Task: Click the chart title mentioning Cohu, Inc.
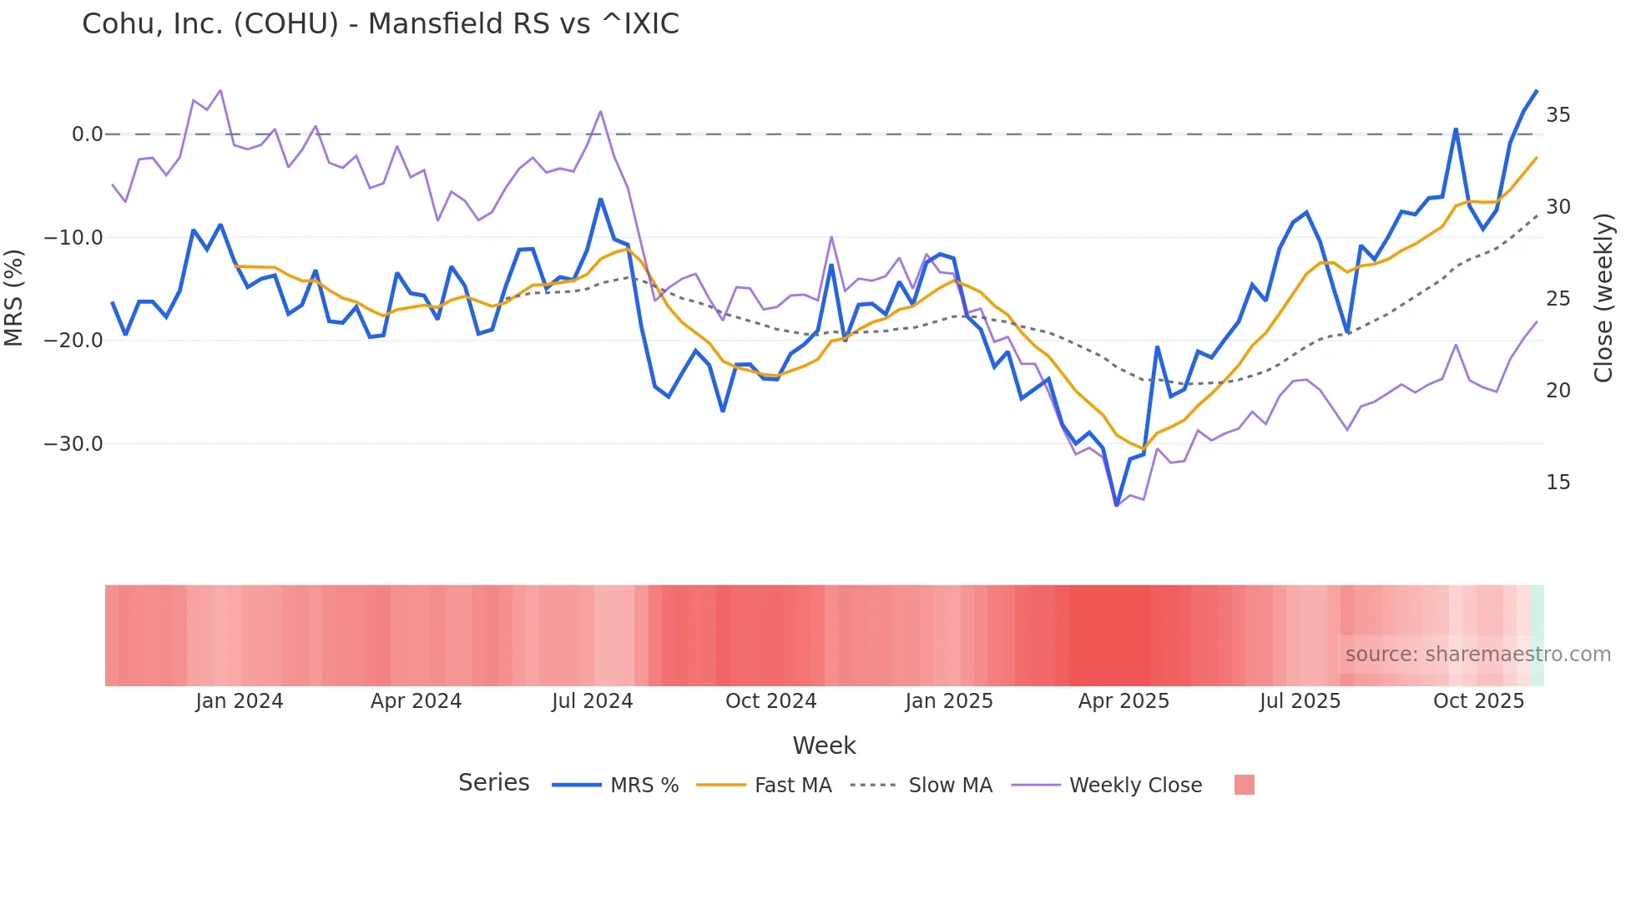click(380, 24)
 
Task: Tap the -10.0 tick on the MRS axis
click(73, 238)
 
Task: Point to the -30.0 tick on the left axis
click(73, 444)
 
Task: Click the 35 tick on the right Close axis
click(1558, 115)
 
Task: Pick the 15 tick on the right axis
click(1558, 483)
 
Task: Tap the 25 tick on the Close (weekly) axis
click(1558, 299)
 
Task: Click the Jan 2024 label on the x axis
click(240, 701)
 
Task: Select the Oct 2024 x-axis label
click(770, 701)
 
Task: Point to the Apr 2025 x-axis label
click(1123, 701)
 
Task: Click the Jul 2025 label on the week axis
click(1300, 701)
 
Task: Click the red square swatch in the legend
click(1244, 785)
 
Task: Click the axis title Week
click(824, 746)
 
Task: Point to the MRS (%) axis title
click(14, 298)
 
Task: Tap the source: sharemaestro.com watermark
click(1477, 655)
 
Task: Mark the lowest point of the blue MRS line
click(1116, 505)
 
